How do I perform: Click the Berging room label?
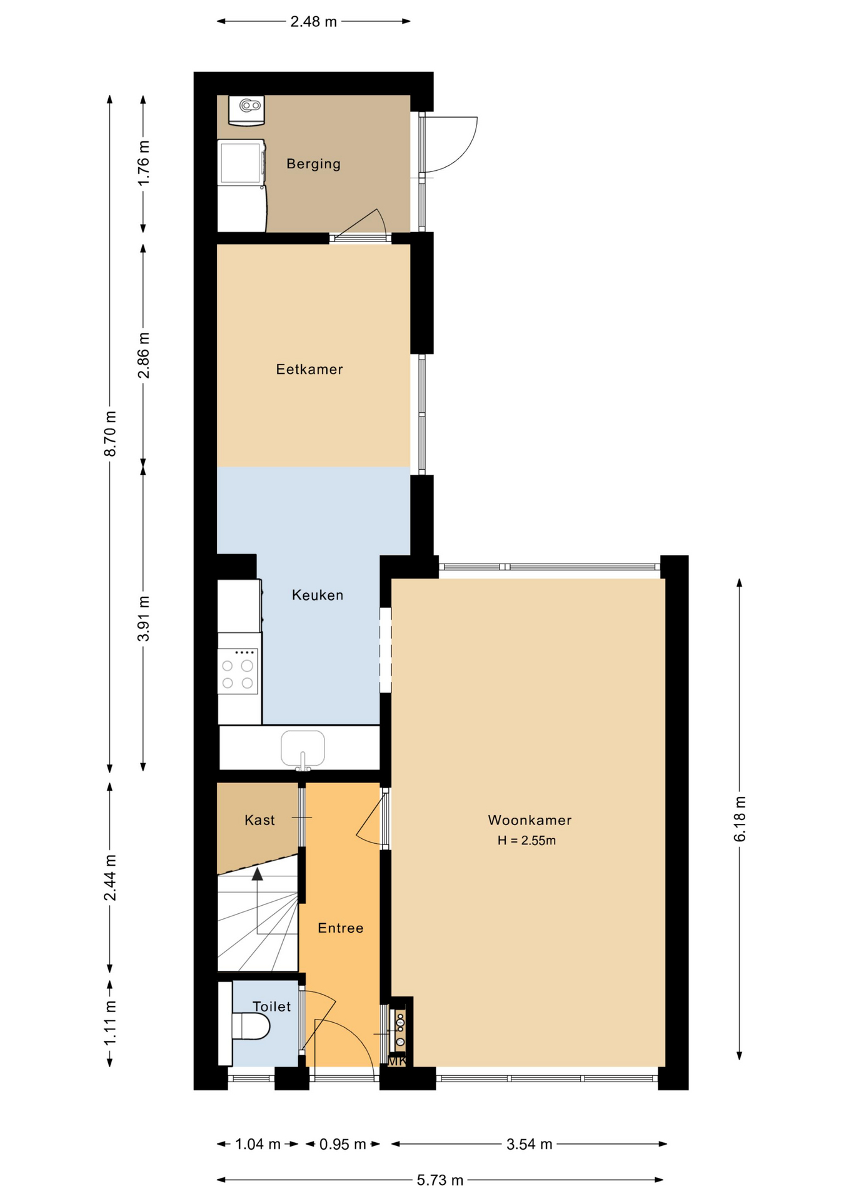pyautogui.click(x=313, y=164)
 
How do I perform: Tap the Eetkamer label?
pyautogui.click(x=309, y=369)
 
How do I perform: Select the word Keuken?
pyautogui.click(x=318, y=595)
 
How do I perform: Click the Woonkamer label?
pyautogui.click(x=530, y=820)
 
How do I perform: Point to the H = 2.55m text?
pyautogui.click(x=526, y=841)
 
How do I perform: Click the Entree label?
pyautogui.click(x=340, y=928)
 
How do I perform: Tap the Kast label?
pyautogui.click(x=259, y=820)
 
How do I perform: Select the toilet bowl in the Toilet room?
pyautogui.click(x=251, y=1026)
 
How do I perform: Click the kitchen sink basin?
pyautogui.click(x=303, y=748)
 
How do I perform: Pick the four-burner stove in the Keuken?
pyautogui.click(x=238, y=671)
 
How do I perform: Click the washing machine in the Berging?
pyautogui.click(x=241, y=162)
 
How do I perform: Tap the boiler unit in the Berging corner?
pyautogui.click(x=246, y=110)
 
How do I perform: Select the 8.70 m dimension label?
pyautogui.click(x=110, y=433)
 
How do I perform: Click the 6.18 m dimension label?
pyautogui.click(x=740, y=819)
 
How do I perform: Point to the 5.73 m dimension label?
pyautogui.click(x=440, y=1180)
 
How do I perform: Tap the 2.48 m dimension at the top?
pyautogui.click(x=313, y=22)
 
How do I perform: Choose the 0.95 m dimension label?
pyautogui.click(x=343, y=1144)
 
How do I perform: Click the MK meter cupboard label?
pyautogui.click(x=398, y=1062)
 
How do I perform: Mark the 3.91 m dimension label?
pyautogui.click(x=144, y=618)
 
